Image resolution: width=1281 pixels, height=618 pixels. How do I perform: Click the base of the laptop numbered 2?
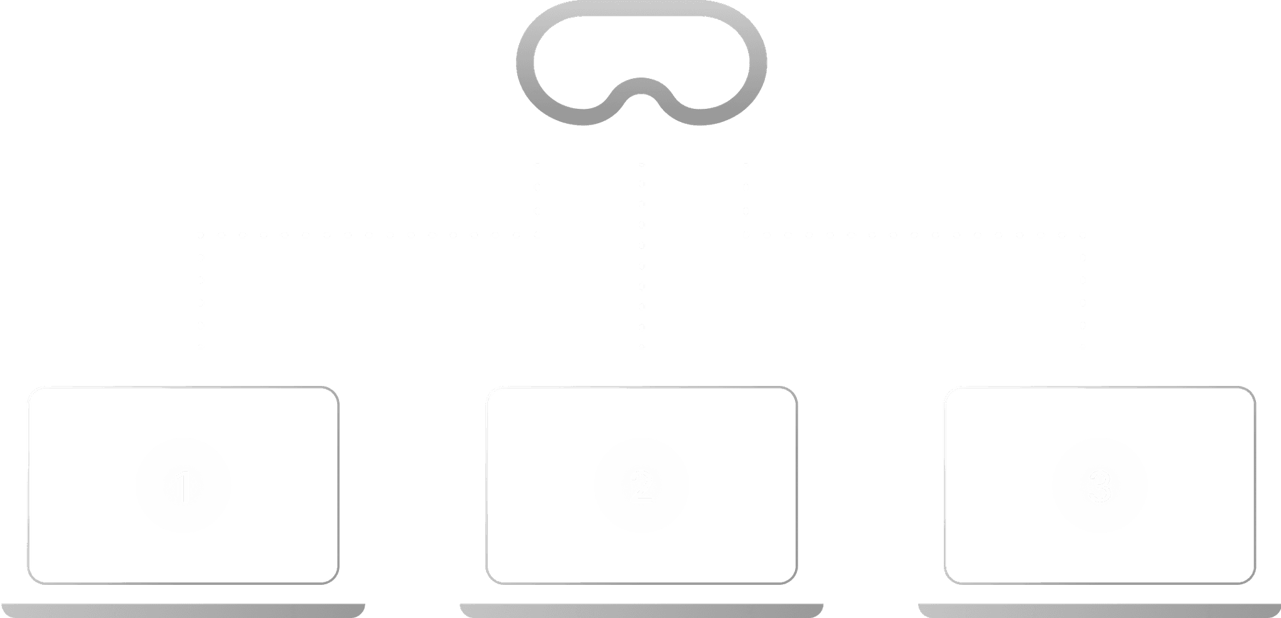[x=642, y=610]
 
